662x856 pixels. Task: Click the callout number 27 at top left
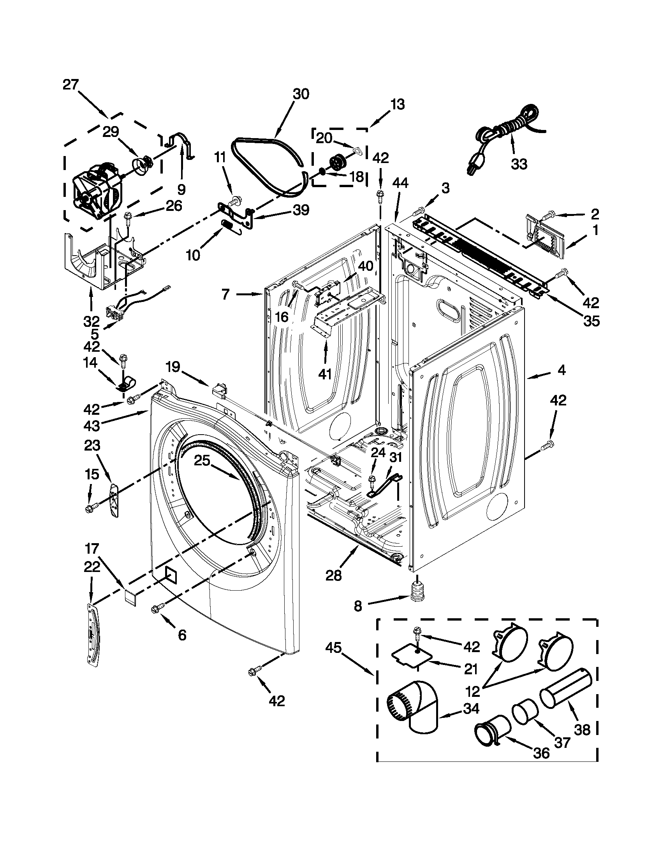pyautogui.click(x=70, y=85)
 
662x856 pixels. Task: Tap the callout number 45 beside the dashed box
pyautogui.click(x=333, y=649)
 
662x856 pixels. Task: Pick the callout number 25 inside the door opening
pyautogui.click(x=202, y=461)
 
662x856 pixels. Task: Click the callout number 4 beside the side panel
pyautogui.click(x=562, y=370)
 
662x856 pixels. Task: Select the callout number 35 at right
pyautogui.click(x=591, y=321)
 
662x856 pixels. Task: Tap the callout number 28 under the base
pyautogui.click(x=334, y=575)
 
